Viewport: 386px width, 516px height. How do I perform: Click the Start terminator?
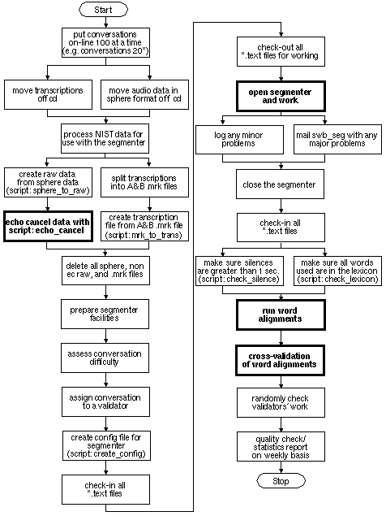point(103,10)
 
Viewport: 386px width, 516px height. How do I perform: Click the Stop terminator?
point(281,481)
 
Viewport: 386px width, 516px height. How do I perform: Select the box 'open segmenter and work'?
point(281,96)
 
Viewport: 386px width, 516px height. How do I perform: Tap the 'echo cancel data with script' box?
point(48,227)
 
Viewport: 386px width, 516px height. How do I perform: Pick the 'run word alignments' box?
point(281,315)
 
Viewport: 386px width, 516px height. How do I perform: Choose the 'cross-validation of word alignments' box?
point(280,360)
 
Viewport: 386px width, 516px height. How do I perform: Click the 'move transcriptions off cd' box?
point(48,94)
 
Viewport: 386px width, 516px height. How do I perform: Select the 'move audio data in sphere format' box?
point(144,94)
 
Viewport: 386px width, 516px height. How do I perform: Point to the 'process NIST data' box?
point(105,138)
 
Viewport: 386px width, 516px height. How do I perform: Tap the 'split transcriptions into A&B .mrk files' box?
point(144,182)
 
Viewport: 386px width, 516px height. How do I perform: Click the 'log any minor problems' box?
point(239,140)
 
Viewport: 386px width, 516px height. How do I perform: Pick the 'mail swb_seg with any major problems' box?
point(337,140)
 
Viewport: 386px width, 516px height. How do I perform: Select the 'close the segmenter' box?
point(280,184)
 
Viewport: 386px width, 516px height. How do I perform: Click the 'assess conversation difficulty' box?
point(105,358)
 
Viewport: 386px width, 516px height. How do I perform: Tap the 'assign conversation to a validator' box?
point(105,401)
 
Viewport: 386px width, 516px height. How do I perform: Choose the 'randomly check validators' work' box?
point(281,402)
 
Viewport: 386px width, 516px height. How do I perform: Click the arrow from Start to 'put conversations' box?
point(105,22)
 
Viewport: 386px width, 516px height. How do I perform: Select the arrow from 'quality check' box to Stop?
point(281,467)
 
